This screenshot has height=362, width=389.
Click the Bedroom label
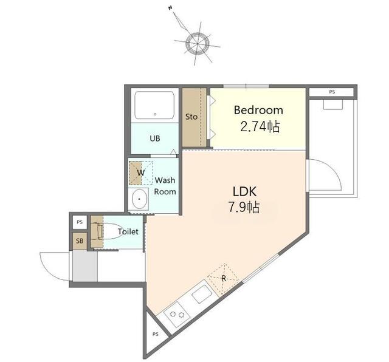[258, 110]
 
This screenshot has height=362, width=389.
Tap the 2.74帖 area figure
[260, 127]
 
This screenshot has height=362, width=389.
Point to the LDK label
[244, 192]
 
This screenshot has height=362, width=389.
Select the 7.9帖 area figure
[244, 207]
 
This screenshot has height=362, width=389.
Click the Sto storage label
[191, 117]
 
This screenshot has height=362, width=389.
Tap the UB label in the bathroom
[155, 138]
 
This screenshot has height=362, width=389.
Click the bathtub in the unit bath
[155, 106]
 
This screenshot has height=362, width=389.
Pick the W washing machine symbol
[140, 173]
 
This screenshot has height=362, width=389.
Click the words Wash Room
[165, 186]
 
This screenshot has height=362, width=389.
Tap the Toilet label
[128, 231]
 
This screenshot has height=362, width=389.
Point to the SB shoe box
[80, 241]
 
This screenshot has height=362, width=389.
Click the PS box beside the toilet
[80, 222]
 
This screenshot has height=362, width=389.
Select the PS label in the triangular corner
[156, 334]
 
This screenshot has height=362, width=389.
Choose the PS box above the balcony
[331, 92]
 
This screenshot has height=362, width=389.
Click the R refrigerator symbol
[223, 279]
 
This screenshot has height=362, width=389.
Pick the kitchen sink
[202, 294]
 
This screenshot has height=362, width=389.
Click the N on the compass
[170, 8]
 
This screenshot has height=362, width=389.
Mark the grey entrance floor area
[85, 266]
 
